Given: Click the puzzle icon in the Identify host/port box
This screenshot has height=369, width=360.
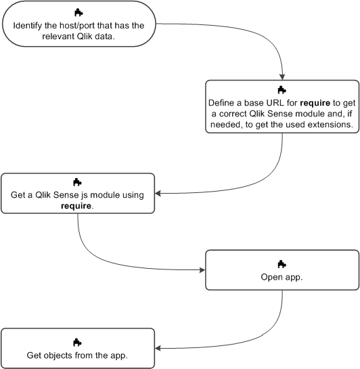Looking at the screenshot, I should pyautogui.click(x=78, y=13).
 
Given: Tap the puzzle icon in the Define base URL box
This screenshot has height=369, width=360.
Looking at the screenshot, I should pyautogui.click(x=282, y=89).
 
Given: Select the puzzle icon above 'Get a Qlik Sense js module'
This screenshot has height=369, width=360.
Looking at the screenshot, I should pyautogui.click(x=78, y=182).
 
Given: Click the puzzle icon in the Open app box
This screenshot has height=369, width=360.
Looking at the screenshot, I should pyautogui.click(x=282, y=263).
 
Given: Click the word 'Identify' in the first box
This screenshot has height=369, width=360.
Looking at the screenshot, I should pyautogui.click(x=29, y=26).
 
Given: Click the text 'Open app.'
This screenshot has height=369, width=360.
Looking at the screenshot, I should pyautogui.click(x=282, y=277).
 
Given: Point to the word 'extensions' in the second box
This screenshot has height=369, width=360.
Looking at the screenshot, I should pyautogui.click(x=332, y=126).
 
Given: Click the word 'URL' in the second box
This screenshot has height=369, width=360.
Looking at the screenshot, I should pyautogui.click(x=264, y=103).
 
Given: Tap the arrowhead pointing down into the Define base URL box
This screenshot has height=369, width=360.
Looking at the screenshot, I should pyautogui.click(x=282, y=77).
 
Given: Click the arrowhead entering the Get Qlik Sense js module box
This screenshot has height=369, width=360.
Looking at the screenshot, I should pyautogui.click(x=160, y=194).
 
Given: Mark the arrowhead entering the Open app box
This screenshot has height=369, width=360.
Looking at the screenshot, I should pyautogui.click(x=201, y=270).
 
